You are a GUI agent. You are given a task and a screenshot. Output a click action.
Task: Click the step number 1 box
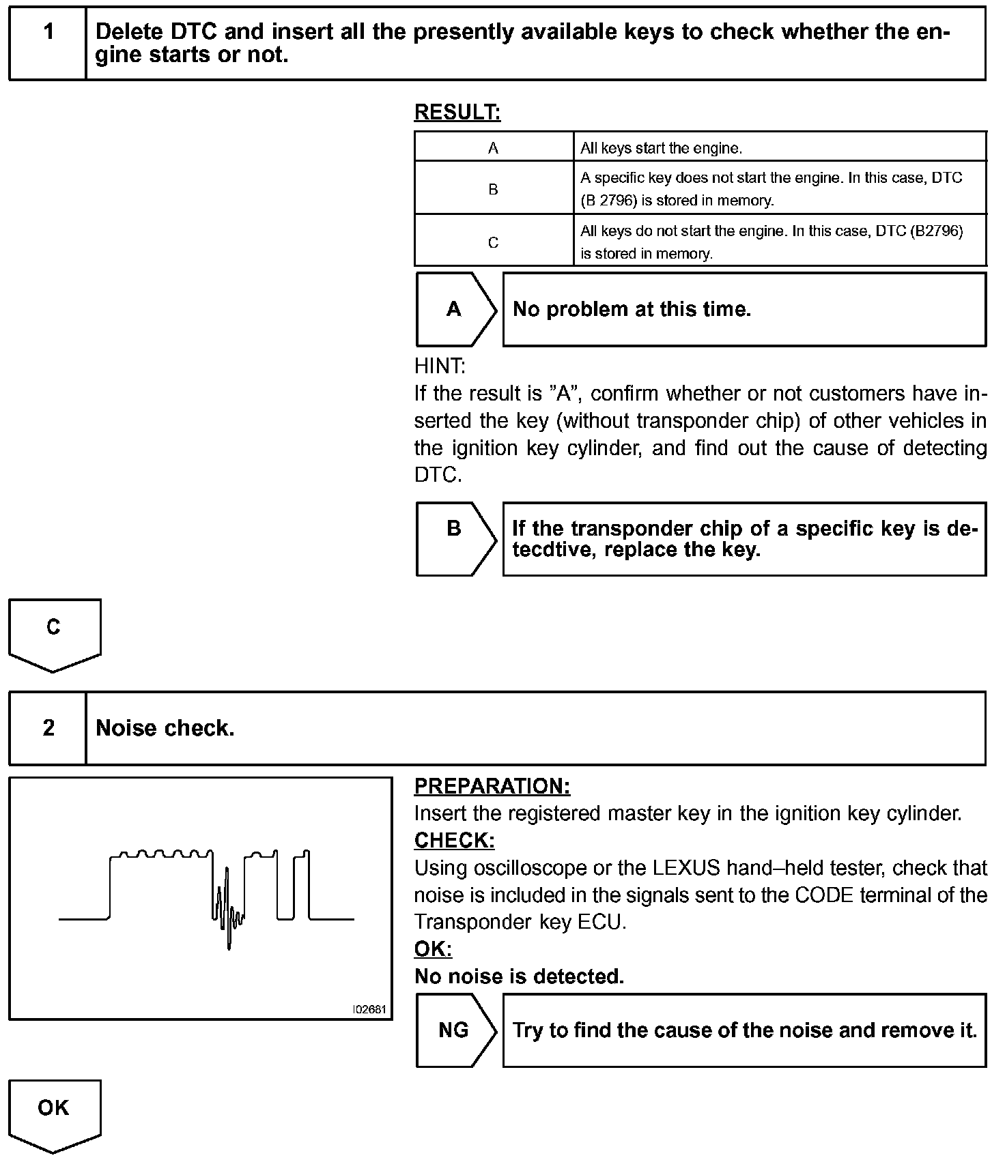tap(48, 43)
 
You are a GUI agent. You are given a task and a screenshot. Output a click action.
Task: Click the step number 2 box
tap(48, 728)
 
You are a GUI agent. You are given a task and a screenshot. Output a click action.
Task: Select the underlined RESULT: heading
tap(457, 113)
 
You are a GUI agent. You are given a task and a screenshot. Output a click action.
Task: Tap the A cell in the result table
tap(493, 147)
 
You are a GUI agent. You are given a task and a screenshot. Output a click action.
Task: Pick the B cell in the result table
tap(493, 189)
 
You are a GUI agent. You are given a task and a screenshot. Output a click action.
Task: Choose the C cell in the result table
tap(493, 242)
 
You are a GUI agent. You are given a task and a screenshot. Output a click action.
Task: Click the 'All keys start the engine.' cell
tap(661, 147)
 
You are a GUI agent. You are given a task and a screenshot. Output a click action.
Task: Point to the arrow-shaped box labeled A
tap(455, 310)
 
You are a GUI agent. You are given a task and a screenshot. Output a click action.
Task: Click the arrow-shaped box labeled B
tap(455, 538)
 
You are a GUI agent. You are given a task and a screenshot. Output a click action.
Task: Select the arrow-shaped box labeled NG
tap(455, 1030)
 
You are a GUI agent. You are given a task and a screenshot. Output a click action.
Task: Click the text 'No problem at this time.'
tap(632, 310)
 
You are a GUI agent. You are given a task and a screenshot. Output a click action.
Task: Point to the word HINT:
tap(440, 366)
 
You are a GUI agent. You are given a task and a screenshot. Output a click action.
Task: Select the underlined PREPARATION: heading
tap(492, 786)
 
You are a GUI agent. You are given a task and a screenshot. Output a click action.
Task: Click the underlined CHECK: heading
tap(454, 841)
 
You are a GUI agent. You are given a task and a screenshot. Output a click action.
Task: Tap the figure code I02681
tap(369, 1009)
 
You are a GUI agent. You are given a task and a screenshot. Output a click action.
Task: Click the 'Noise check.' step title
tap(165, 728)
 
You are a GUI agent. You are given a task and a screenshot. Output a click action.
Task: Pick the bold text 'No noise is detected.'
tap(519, 976)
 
